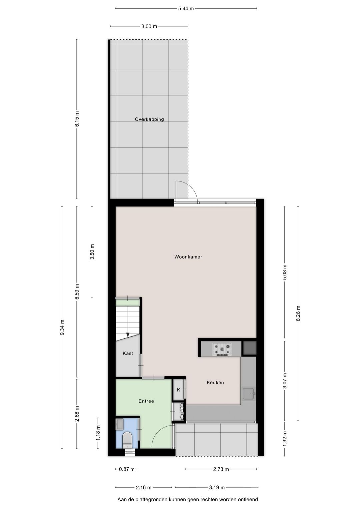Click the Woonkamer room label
(x=188, y=257)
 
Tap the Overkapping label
(x=149, y=119)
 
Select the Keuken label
(x=215, y=383)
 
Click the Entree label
(x=146, y=401)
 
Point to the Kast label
(x=128, y=353)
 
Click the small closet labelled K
(x=178, y=390)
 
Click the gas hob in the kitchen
(x=222, y=349)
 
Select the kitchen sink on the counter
(x=248, y=394)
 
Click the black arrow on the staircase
(x=127, y=335)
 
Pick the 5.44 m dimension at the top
(x=186, y=9)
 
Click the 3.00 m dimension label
(x=149, y=26)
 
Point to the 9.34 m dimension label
(x=62, y=327)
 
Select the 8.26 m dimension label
(x=298, y=313)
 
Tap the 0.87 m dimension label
(x=127, y=469)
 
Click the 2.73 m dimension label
(x=221, y=469)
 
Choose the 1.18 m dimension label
(x=98, y=433)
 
